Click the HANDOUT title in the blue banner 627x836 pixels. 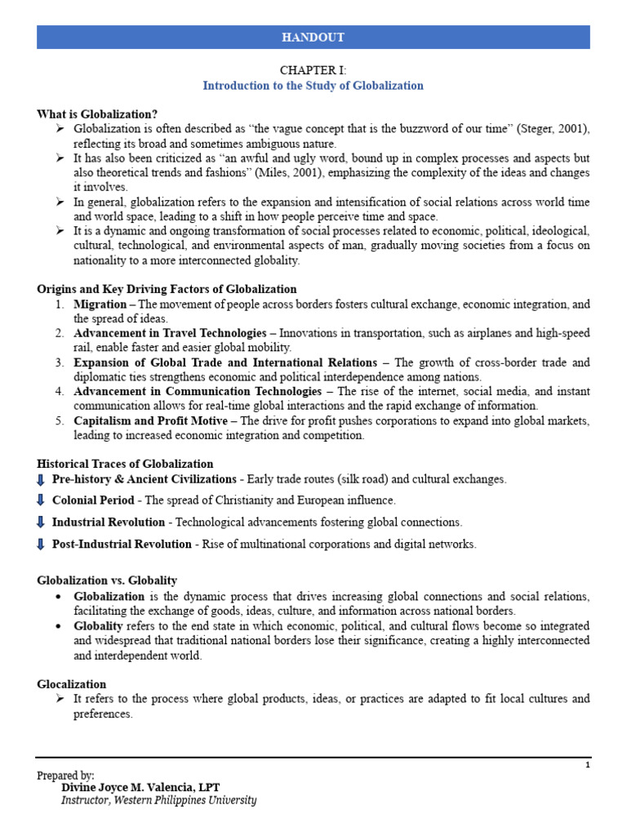(x=313, y=38)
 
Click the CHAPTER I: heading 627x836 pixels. (x=313, y=71)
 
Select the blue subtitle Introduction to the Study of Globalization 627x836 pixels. (x=313, y=86)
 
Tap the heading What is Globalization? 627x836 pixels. (x=97, y=114)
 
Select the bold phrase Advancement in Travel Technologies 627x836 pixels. (x=169, y=333)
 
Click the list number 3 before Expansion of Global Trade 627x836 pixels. (x=60, y=362)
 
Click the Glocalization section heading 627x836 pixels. (x=72, y=684)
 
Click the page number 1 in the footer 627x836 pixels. (x=587, y=765)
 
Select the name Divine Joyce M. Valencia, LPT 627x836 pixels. (x=140, y=787)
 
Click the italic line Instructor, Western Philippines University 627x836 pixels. (x=158, y=801)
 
